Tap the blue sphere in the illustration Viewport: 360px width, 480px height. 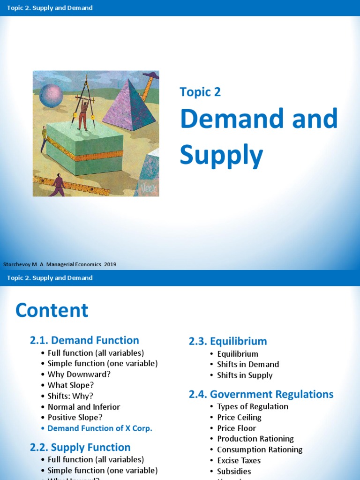click(x=51, y=96)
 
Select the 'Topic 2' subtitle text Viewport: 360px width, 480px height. click(x=200, y=92)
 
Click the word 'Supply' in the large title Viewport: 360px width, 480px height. click(x=221, y=155)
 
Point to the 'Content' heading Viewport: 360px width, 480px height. click(x=52, y=310)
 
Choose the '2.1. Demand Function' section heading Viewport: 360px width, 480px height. click(x=84, y=340)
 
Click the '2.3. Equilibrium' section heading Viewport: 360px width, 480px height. click(x=228, y=341)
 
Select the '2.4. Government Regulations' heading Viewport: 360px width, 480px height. click(x=261, y=394)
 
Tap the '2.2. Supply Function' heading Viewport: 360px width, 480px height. click(x=80, y=447)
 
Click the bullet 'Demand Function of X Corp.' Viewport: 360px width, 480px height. click(x=100, y=428)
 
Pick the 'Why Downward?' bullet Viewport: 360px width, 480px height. click(x=72, y=375)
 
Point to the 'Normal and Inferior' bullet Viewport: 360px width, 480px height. click(x=83, y=407)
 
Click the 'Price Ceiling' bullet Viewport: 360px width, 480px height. click(x=239, y=417)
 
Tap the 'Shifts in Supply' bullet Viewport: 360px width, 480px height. click(x=245, y=375)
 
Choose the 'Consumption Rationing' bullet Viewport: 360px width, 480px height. click(x=260, y=450)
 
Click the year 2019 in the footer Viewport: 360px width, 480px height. click(x=110, y=264)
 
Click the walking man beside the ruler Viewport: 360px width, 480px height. click(x=58, y=185)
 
